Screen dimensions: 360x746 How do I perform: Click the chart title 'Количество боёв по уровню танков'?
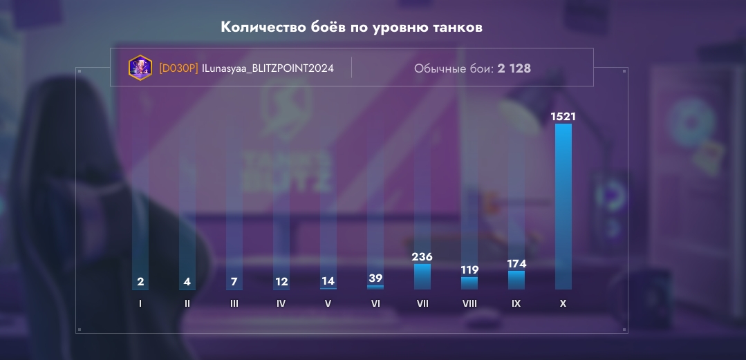click(351, 27)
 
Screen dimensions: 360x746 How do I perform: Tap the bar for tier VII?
click(422, 276)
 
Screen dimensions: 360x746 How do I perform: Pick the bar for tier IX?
click(516, 280)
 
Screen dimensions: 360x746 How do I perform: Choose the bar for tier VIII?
click(469, 283)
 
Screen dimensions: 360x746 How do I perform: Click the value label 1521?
click(563, 116)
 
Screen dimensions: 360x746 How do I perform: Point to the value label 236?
click(422, 256)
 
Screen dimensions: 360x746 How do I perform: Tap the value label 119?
click(469, 269)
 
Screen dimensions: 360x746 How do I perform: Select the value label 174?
click(516, 263)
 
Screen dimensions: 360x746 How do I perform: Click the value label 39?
click(375, 278)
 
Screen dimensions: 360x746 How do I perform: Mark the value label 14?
click(328, 281)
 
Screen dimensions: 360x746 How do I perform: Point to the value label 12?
click(281, 281)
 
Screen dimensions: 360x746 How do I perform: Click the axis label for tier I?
click(140, 303)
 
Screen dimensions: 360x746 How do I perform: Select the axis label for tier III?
click(234, 303)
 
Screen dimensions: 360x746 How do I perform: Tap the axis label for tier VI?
click(375, 303)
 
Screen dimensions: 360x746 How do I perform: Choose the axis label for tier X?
click(563, 303)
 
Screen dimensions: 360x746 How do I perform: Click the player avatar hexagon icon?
click(140, 68)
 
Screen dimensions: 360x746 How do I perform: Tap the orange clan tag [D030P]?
click(178, 68)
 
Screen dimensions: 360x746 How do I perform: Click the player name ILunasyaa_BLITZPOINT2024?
click(268, 68)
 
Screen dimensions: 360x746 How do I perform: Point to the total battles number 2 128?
click(514, 68)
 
